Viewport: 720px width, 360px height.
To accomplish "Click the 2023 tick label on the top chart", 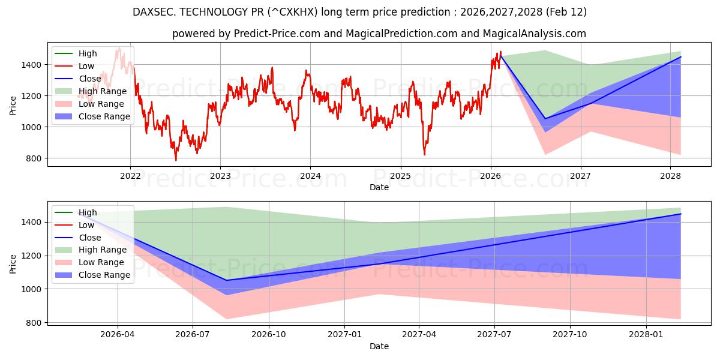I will (220, 176).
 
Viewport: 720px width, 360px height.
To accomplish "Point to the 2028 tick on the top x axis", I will (671, 176).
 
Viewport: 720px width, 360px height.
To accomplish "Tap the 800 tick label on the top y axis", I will (33, 158).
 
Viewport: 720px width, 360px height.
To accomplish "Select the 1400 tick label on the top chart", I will (31, 65).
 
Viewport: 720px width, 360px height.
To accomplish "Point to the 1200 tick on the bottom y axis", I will (31, 256).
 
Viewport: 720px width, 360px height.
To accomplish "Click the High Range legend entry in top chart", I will (103, 91).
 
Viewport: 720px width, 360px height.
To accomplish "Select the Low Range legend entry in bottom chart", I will (101, 262).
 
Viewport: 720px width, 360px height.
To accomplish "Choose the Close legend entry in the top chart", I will (90, 79).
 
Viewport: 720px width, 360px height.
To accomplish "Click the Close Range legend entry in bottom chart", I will (104, 275).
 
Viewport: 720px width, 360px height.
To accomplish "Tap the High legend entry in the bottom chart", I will (88, 212).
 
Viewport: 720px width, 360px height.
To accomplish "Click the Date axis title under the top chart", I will (379, 187).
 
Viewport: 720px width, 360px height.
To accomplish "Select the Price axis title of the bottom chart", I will (13, 263).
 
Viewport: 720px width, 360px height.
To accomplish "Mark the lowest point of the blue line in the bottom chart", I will (227, 280).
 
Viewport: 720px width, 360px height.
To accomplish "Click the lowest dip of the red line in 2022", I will (176, 160).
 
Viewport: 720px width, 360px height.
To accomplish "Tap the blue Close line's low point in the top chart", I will (545, 119).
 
